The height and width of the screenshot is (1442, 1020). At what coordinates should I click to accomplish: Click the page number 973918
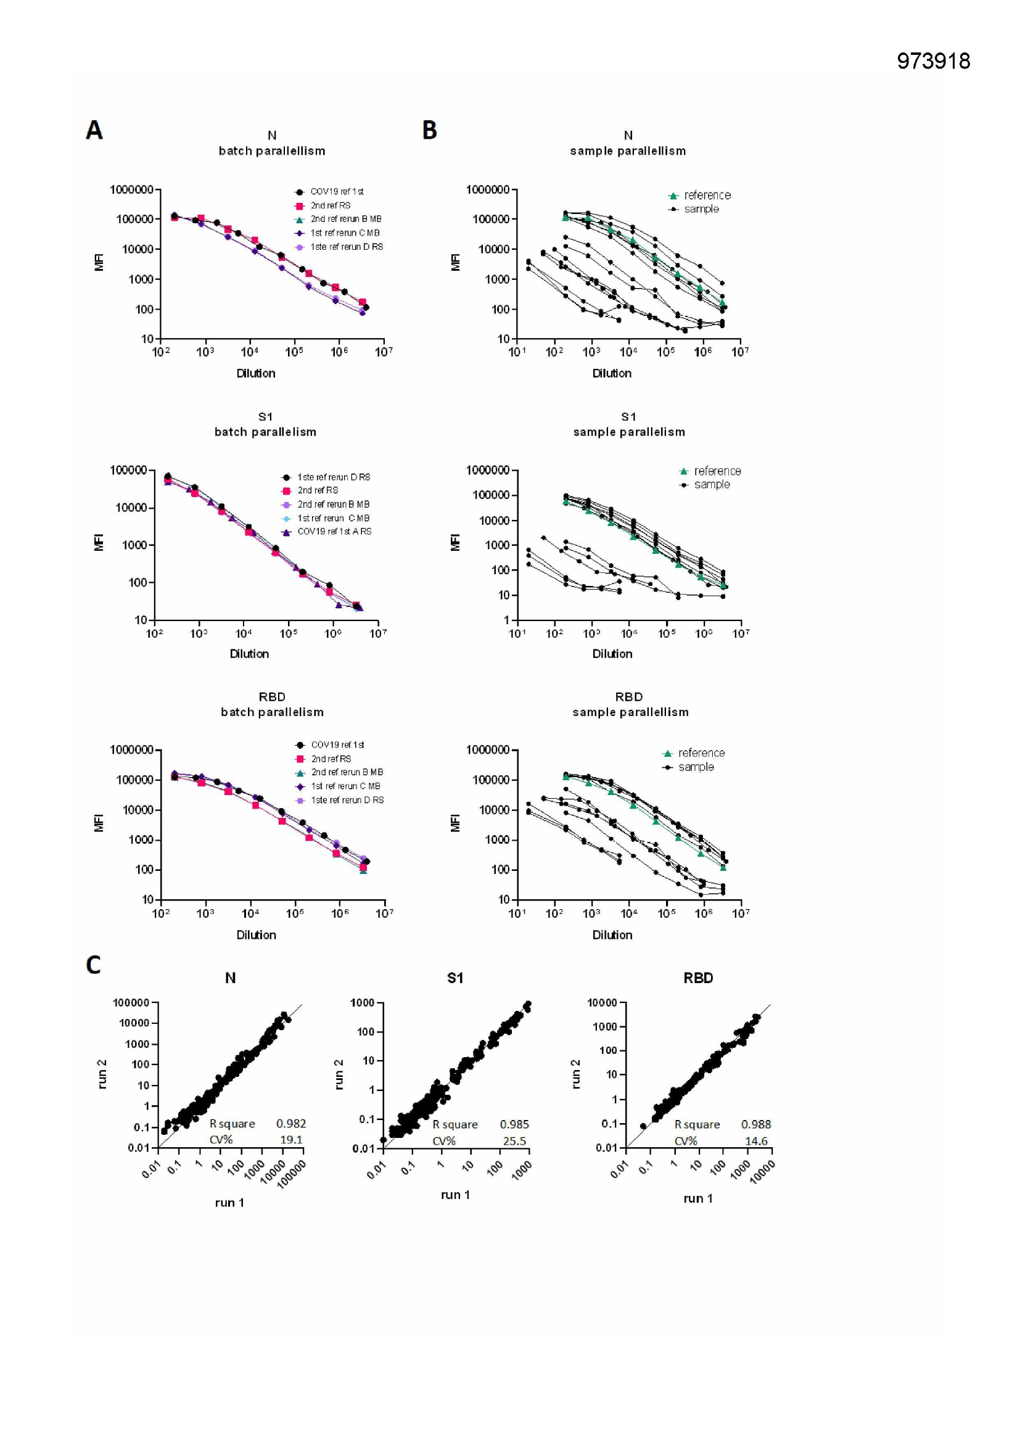coord(932,61)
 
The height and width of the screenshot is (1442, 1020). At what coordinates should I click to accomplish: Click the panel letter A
coord(94,130)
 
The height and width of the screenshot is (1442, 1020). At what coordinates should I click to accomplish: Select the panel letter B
coord(429,130)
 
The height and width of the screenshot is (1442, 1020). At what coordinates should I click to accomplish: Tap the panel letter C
coord(93,965)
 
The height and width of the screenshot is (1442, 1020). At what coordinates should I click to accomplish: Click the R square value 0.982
coord(291,1124)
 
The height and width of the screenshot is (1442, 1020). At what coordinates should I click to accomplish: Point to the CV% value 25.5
coord(514,1141)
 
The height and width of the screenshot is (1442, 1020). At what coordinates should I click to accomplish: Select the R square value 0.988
coord(755,1124)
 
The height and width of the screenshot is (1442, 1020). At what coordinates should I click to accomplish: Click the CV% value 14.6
coord(755,1141)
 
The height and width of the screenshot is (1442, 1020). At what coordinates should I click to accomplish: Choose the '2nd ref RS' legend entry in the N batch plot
coord(331,205)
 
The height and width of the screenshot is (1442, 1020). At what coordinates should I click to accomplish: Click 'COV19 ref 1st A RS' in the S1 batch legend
coord(334,531)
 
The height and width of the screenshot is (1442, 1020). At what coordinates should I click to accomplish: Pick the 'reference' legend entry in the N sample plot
coord(707,196)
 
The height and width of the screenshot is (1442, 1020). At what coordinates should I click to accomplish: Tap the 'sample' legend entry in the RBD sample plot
coord(696,767)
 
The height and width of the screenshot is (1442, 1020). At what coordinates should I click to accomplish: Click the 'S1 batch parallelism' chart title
coord(265,424)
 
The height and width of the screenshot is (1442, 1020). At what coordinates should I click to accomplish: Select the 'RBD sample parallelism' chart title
coord(630,705)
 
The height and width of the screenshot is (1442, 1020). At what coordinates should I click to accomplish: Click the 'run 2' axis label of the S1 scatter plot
coord(339,1074)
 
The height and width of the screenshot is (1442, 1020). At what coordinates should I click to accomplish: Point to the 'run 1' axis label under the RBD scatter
coord(698,1198)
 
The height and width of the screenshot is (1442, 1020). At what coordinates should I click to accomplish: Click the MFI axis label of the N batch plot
coord(99,262)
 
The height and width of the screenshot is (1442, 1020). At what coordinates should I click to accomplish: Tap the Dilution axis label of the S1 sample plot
coord(612,654)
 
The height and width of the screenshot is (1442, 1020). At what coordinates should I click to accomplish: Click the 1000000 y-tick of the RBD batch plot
coord(131,750)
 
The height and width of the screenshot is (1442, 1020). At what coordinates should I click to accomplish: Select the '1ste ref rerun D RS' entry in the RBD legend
coord(347,800)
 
